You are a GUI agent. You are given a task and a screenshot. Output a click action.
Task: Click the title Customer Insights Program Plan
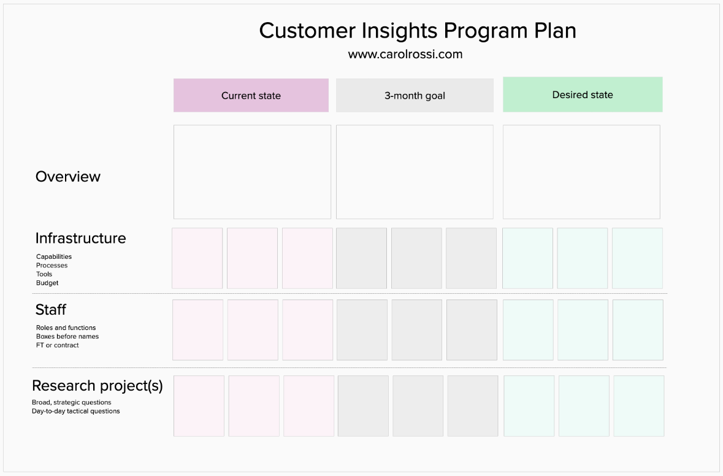click(417, 31)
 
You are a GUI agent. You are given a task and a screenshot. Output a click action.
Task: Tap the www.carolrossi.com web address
click(405, 54)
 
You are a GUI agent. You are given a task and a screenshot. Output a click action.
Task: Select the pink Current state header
click(251, 96)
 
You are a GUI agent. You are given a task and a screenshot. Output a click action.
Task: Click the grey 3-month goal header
click(415, 96)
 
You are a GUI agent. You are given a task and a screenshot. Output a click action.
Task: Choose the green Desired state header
click(583, 94)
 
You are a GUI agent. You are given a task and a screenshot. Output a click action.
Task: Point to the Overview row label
click(67, 177)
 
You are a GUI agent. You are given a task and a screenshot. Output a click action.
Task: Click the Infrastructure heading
click(80, 238)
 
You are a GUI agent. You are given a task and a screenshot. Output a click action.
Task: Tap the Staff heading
click(50, 309)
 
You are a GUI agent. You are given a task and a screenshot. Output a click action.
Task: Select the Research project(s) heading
click(97, 385)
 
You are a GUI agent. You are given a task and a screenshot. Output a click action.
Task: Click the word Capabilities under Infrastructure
click(54, 256)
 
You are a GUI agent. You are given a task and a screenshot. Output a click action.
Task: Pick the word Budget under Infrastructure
click(47, 283)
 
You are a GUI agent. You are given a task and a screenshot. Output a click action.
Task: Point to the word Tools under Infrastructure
click(44, 274)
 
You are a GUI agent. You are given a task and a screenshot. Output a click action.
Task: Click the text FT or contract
click(58, 345)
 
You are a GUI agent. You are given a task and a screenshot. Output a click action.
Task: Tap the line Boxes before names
click(67, 336)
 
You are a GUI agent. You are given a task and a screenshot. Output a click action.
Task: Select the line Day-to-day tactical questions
click(75, 411)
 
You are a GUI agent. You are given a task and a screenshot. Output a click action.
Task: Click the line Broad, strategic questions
click(72, 402)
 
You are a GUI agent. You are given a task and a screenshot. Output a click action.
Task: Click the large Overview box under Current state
click(252, 172)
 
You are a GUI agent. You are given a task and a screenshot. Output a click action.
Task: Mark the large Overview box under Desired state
click(581, 172)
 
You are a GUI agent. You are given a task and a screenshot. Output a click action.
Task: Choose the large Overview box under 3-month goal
click(415, 172)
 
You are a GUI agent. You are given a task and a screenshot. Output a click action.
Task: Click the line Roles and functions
click(66, 328)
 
